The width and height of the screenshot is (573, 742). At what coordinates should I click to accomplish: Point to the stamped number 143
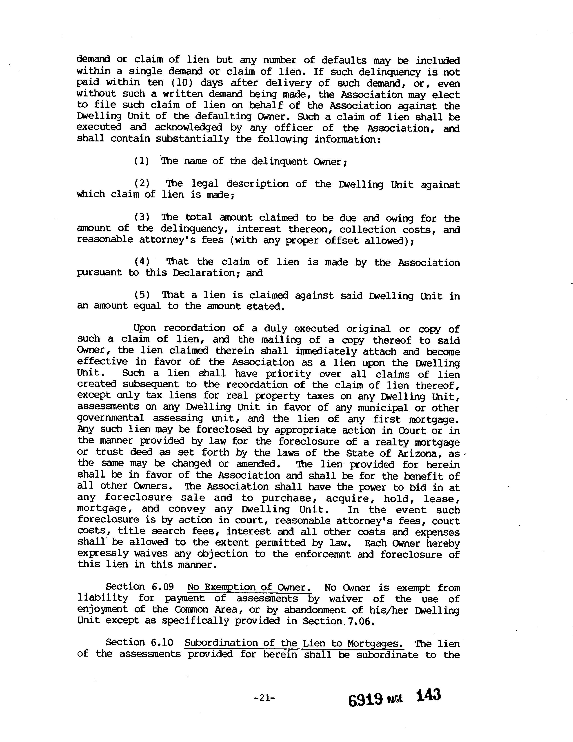(428, 695)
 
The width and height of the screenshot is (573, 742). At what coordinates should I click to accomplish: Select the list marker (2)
(142, 183)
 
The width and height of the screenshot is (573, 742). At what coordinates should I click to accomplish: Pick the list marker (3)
(142, 217)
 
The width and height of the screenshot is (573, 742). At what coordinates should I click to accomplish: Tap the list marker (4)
(142, 261)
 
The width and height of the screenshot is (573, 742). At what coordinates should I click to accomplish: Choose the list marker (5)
(142, 295)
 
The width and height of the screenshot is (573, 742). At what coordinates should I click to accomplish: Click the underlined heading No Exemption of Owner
(249, 587)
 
